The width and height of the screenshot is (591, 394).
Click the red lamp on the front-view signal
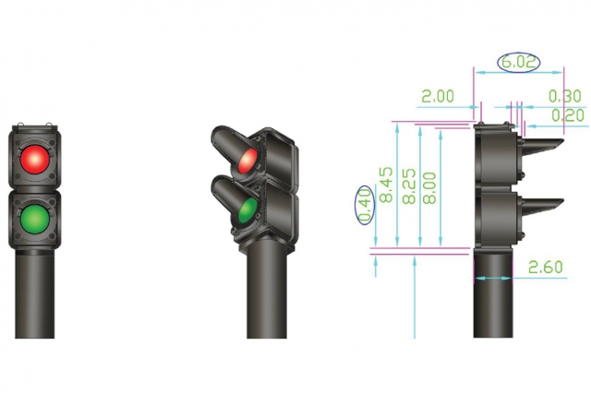[34, 160]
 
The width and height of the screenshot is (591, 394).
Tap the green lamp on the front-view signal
[34, 219]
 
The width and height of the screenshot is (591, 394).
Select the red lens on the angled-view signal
[248, 161]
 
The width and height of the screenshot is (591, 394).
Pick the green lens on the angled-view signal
[247, 211]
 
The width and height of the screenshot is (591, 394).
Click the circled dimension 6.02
[519, 62]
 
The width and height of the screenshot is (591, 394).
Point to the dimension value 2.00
[438, 97]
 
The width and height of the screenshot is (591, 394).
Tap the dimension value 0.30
[564, 97]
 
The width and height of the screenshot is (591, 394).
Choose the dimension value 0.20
[568, 115]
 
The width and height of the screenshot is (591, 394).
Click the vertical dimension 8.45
[386, 185]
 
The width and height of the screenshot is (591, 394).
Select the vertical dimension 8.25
[409, 186]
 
